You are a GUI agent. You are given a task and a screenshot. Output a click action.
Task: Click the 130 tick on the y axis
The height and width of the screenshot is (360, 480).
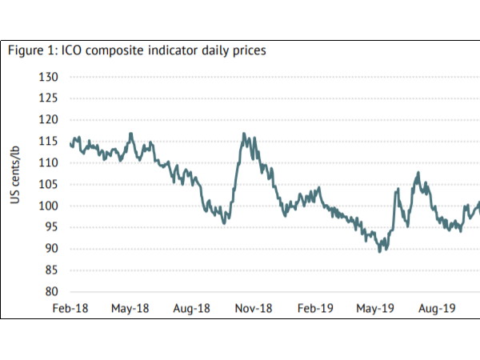(50, 78)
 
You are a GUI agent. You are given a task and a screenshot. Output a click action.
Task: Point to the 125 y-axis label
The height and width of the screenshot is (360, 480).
(50, 99)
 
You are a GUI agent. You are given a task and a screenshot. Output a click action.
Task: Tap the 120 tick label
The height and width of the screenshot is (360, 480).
(50, 120)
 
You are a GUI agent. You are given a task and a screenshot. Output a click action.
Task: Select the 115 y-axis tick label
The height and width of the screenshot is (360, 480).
(50, 142)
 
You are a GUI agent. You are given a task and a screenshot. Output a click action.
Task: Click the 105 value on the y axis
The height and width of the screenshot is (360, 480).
(50, 185)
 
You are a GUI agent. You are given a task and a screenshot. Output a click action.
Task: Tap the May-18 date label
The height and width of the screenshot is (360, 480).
(130, 307)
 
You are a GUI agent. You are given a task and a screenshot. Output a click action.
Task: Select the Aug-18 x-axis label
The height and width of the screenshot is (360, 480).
(192, 307)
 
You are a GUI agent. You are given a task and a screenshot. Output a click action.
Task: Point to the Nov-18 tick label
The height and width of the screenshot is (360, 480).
(254, 307)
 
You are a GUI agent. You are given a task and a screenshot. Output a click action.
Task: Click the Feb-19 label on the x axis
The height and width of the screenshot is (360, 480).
(315, 307)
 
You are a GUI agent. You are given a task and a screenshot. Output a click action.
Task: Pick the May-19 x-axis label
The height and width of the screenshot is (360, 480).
(375, 307)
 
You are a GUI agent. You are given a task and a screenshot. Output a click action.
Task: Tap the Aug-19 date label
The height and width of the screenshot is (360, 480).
(437, 307)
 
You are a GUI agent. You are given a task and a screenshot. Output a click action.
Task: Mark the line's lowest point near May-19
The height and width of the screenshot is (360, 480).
(380, 251)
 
